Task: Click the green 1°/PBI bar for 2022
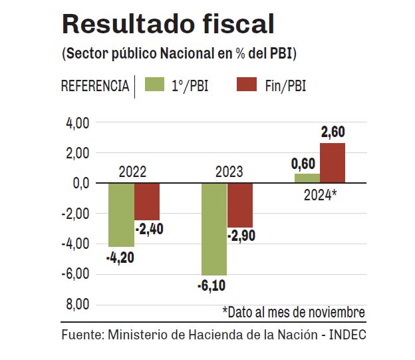(x=121, y=214)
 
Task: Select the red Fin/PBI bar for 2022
(x=147, y=202)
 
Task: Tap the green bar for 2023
(x=214, y=228)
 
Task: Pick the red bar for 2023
(x=240, y=205)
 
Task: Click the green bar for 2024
(x=307, y=178)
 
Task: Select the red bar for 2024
(x=333, y=163)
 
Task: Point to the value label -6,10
(x=212, y=286)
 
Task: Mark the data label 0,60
(x=304, y=164)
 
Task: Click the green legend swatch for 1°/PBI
(x=154, y=85)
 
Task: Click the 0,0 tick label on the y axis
(x=80, y=183)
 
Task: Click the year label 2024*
(x=321, y=195)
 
